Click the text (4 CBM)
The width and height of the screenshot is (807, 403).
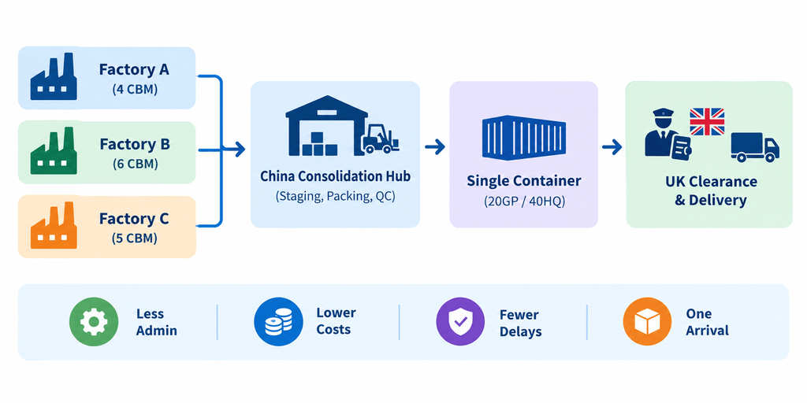click(x=135, y=90)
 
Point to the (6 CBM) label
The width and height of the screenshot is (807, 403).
click(x=135, y=164)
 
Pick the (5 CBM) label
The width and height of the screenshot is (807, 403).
click(x=135, y=238)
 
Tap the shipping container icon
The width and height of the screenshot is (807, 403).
click(x=524, y=137)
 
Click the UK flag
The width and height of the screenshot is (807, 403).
click(x=707, y=121)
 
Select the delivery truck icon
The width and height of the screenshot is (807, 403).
click(x=755, y=147)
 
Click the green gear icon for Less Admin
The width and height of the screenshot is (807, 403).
click(x=94, y=322)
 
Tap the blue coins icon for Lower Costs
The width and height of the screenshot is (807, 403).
click(x=278, y=322)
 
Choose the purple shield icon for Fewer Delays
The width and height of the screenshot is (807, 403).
click(x=460, y=322)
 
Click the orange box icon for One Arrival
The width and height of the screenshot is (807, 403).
click(x=647, y=322)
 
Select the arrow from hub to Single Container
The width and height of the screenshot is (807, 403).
click(x=435, y=147)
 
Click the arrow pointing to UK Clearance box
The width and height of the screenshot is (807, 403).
click(x=612, y=147)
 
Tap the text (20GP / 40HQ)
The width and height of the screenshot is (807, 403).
click(x=524, y=201)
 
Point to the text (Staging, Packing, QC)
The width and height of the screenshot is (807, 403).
click(x=335, y=196)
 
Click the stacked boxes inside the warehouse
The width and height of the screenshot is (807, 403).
click(x=320, y=144)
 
